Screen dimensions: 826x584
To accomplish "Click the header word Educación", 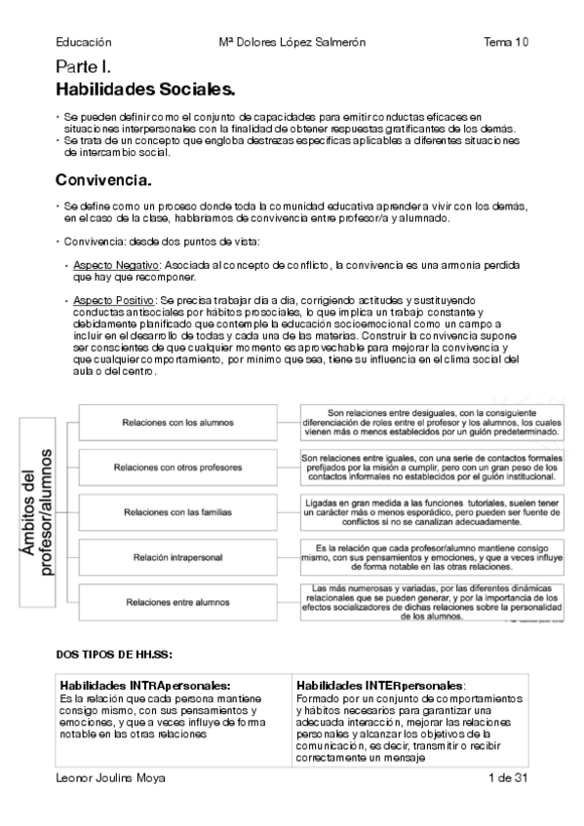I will (84, 42).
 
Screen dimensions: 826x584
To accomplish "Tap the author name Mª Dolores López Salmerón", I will (292, 42).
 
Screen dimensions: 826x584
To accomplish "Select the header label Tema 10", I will (506, 42).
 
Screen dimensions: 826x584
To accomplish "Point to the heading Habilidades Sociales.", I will (145, 90).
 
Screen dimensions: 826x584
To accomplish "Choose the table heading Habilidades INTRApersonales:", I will (145, 685).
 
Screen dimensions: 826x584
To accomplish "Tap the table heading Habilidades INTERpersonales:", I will (381, 685).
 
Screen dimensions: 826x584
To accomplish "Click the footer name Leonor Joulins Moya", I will (110, 778).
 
